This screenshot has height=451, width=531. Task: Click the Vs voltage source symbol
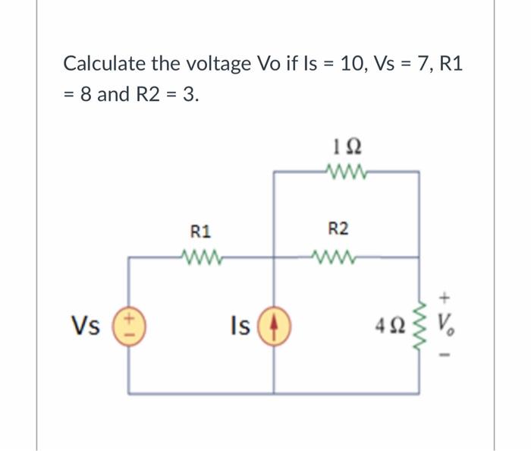128,325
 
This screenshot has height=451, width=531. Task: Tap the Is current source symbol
274,325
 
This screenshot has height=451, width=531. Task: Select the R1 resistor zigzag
201,256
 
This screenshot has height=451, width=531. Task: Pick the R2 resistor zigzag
338,256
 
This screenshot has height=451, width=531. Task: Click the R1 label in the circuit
201,229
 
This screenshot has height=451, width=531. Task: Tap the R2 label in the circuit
338,229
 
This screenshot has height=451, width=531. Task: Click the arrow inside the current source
274,325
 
